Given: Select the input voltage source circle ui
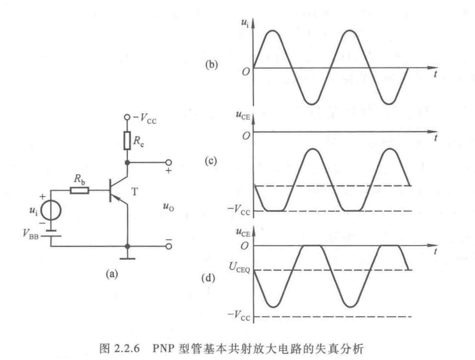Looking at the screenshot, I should pyautogui.click(x=53, y=210).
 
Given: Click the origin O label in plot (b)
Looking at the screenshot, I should pyautogui.click(x=245, y=71).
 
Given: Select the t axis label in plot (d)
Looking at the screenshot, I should pyautogui.click(x=437, y=253).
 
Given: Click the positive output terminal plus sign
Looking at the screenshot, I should pyautogui.click(x=168, y=172).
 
